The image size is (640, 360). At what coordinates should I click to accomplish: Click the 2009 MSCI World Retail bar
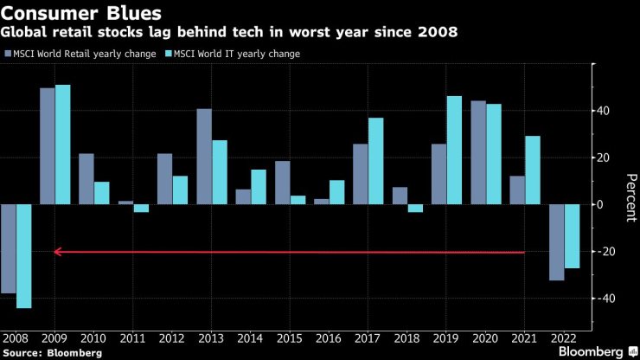(48, 146)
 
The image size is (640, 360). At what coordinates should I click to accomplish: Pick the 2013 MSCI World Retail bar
(204, 157)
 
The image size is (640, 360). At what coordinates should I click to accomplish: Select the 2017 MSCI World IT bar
(375, 161)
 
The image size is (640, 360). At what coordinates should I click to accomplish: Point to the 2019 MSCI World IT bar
(454, 151)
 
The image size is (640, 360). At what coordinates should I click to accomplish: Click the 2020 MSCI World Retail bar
(477, 152)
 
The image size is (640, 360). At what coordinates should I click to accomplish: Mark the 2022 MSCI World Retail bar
(556, 242)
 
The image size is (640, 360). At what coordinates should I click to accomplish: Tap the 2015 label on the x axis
(289, 338)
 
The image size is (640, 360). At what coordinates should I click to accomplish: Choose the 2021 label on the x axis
(524, 338)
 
